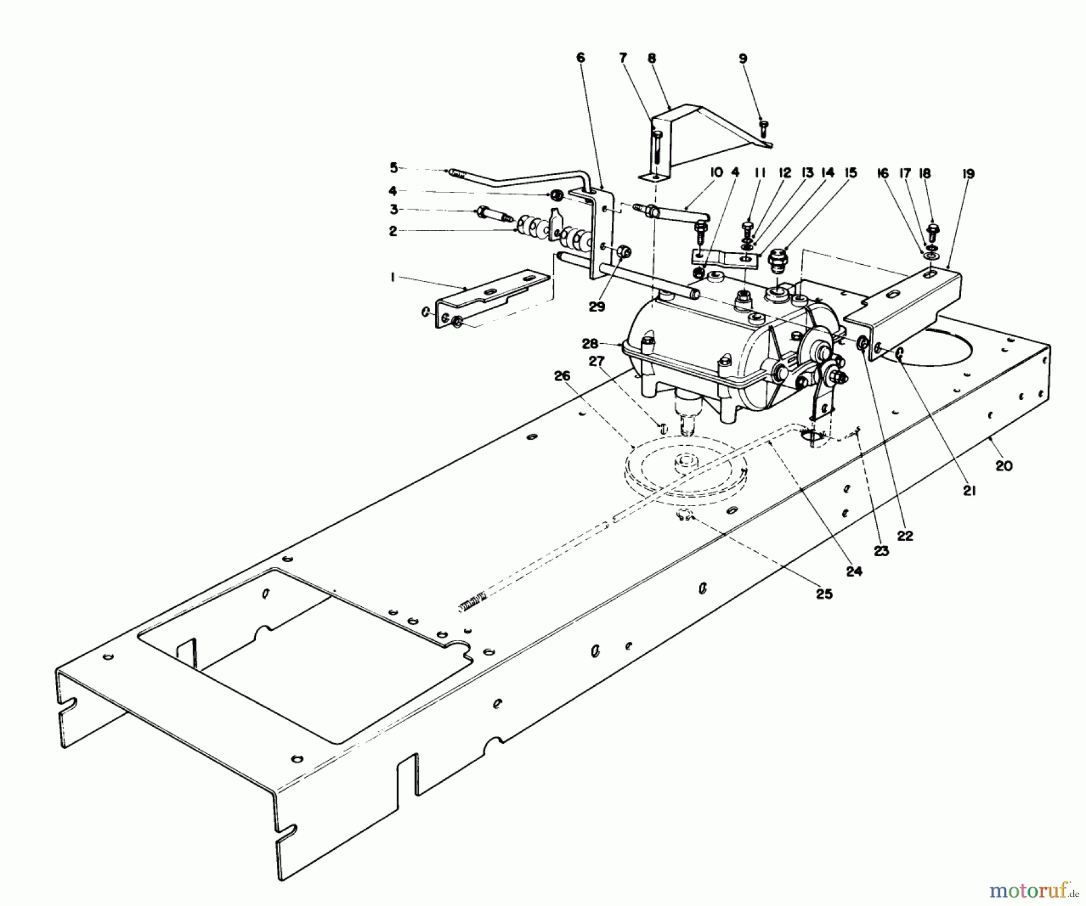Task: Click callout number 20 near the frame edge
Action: pos(1004,466)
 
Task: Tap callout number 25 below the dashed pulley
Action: pos(824,594)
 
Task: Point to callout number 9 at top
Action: pos(743,59)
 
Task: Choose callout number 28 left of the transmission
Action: pos(589,343)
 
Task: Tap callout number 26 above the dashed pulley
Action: pos(562,376)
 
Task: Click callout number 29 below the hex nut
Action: pos(597,306)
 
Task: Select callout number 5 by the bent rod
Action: pos(393,166)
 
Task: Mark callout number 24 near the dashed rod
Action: pos(854,571)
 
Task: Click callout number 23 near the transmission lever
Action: pos(881,551)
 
